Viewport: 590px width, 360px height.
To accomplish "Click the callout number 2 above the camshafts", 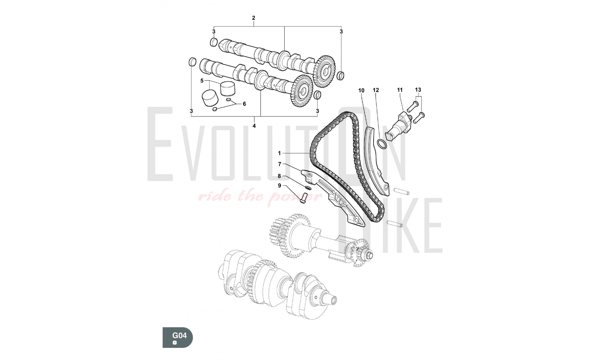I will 253,18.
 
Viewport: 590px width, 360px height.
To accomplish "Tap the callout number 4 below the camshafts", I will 254,126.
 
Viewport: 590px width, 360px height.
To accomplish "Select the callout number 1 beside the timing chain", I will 279,153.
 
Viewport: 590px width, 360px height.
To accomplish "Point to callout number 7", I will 280,164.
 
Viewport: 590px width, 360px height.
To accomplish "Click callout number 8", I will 279,176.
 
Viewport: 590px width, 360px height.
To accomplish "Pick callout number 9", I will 279,186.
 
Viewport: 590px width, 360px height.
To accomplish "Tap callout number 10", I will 361,90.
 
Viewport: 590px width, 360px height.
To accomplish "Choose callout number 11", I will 400,90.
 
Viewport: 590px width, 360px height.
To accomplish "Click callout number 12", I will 376,90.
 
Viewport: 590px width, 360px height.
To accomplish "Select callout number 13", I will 418,89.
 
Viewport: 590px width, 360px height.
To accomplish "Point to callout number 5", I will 202,81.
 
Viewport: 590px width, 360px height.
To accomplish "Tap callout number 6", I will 244,104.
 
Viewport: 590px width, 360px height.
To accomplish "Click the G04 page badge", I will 178,337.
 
